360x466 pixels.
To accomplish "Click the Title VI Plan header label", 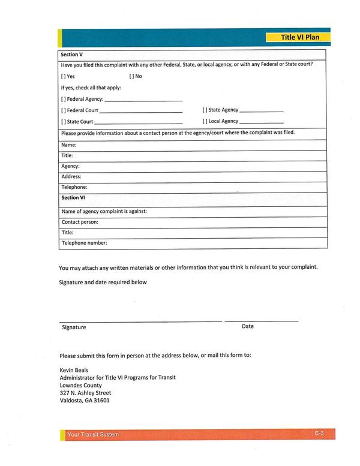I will pos(301,37).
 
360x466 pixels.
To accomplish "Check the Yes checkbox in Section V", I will pos(63,77).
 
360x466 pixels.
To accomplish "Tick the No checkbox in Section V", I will pos(131,77).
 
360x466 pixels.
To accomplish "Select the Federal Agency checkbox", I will pos(63,99).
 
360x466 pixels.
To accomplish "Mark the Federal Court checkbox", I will pos(63,110).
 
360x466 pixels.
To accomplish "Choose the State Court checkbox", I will pos(63,122).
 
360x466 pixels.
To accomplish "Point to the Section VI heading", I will pos(73,197).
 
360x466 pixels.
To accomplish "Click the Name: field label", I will pos(69,145).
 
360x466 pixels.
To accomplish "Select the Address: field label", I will pos(71,177).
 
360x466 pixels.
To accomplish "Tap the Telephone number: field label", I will pos(85,243).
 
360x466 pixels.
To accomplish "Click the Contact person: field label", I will pos(80,222).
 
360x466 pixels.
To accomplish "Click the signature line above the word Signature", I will pos(140,321).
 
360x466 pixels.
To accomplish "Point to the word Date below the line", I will pos(248,326).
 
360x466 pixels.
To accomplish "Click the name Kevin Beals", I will pos(74,370).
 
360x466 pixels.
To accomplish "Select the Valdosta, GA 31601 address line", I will pos(85,401).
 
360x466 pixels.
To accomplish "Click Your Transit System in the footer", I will pos(93,434).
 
